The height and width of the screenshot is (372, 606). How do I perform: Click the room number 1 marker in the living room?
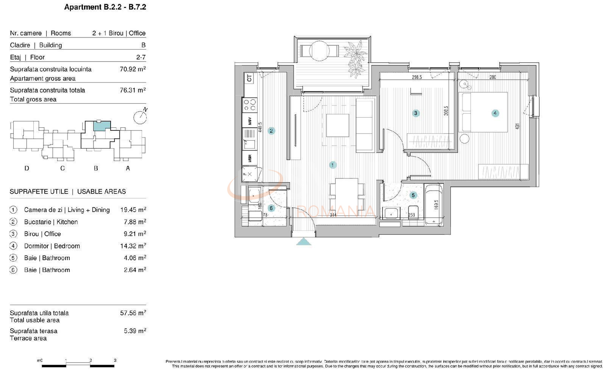click(333, 165)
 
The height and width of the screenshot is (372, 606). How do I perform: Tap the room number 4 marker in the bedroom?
click(495, 113)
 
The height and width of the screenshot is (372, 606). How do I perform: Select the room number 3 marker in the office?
click(415, 113)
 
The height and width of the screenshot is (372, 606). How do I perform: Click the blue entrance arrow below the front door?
click(303, 242)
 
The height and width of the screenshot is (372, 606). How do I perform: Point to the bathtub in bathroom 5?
click(434, 204)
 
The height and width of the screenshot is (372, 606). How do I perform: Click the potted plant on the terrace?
click(356, 59)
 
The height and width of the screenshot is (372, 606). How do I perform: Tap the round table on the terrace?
click(319, 50)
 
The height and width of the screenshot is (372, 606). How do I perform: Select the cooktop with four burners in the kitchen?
click(250, 105)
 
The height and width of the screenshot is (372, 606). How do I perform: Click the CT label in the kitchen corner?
click(249, 78)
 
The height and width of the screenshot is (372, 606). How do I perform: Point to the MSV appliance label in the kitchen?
click(250, 121)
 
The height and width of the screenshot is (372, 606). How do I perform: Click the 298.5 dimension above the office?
click(417, 77)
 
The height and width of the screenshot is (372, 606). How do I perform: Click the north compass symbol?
click(140, 117)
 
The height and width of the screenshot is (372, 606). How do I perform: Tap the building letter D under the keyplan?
click(27, 168)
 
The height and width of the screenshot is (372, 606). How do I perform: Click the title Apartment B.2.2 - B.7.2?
click(105, 7)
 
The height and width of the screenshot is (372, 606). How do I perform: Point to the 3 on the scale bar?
click(115, 360)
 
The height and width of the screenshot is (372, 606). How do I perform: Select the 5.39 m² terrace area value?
click(135, 331)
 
